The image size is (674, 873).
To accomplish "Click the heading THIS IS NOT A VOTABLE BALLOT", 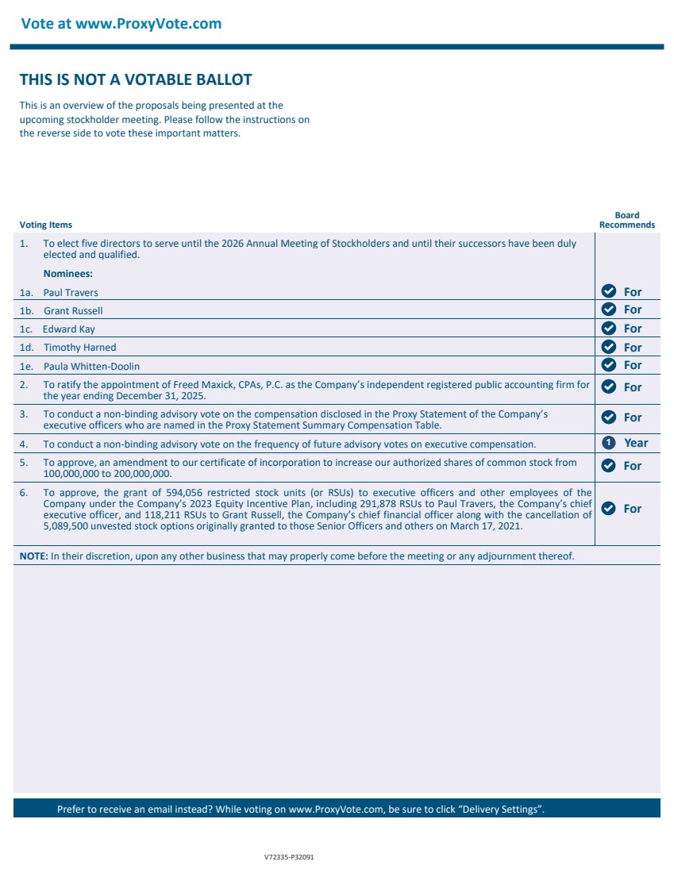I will tap(136, 79).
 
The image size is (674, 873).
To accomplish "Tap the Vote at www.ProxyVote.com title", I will tap(121, 24).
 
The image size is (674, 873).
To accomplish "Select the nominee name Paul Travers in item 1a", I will tap(71, 293).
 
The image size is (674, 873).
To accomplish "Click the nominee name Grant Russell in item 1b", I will tap(73, 311).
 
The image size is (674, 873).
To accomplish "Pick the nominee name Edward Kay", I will tap(68, 329).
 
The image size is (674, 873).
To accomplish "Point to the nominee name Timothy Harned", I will tap(79, 348).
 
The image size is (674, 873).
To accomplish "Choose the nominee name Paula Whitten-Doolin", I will tap(91, 367).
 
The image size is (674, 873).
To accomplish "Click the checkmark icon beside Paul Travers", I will tap(609, 291).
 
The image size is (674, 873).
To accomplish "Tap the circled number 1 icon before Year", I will tap(609, 443).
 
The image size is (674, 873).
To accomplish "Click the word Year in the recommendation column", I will tap(636, 443).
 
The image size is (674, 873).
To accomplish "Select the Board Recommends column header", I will tap(626, 220).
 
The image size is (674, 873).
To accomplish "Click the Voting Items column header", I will tap(45, 225).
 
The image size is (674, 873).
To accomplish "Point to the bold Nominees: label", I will tap(67, 274).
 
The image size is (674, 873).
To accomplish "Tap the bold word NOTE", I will tap(33, 556).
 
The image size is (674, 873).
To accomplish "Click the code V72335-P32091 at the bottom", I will tap(289, 858).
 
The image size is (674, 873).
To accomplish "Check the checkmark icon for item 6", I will tap(609, 508).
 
